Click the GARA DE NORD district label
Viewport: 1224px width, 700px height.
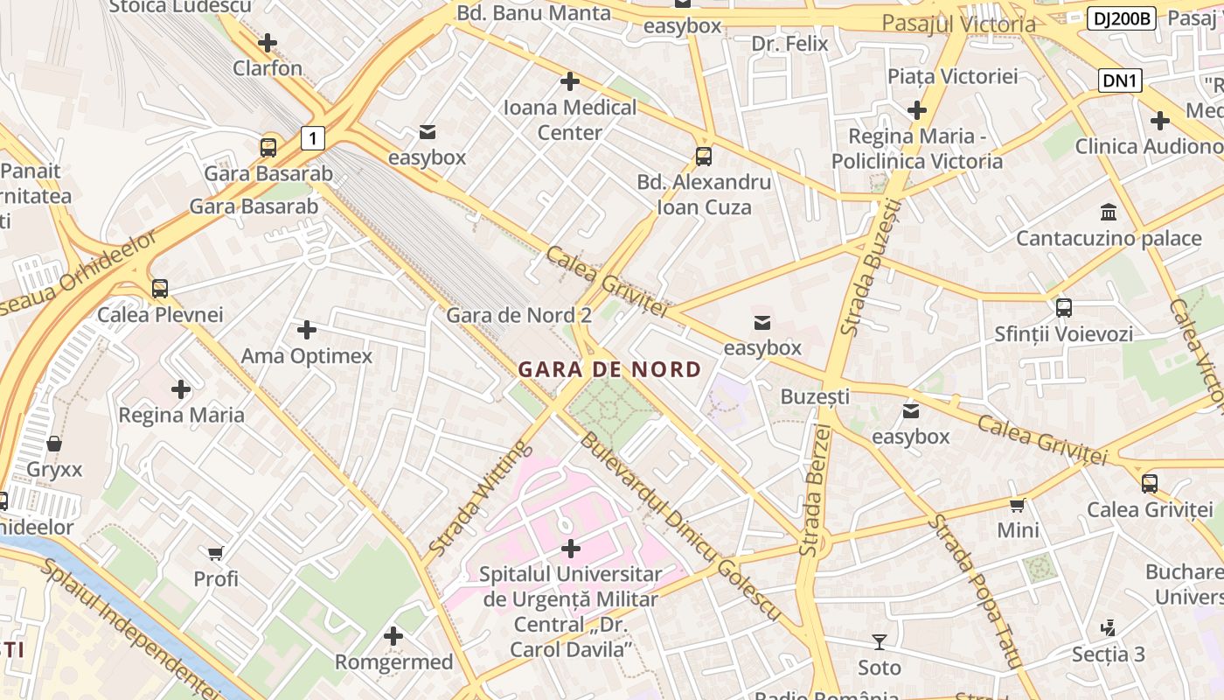coord(609,369)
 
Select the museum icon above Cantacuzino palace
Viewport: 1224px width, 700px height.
coord(1109,212)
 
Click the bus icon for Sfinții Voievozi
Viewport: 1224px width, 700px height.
coord(1063,307)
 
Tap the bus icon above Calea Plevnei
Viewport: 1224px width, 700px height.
coord(159,288)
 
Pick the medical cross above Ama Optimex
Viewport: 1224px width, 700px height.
coord(306,330)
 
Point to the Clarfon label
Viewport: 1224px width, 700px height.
coord(268,68)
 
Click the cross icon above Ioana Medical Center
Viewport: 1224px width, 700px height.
coord(570,81)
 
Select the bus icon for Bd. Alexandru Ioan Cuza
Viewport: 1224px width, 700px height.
coord(704,157)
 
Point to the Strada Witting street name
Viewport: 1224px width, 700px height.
coord(480,499)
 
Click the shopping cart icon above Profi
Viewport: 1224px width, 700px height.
coord(216,553)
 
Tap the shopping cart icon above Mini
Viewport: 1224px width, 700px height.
coord(1018,505)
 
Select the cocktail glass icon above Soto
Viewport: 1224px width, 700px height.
coord(879,642)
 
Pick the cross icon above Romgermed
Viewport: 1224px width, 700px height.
coord(393,636)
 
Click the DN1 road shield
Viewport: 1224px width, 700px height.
coord(1120,80)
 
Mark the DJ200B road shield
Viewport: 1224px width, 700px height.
coord(1123,17)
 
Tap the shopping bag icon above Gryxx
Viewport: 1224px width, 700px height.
coord(54,444)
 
